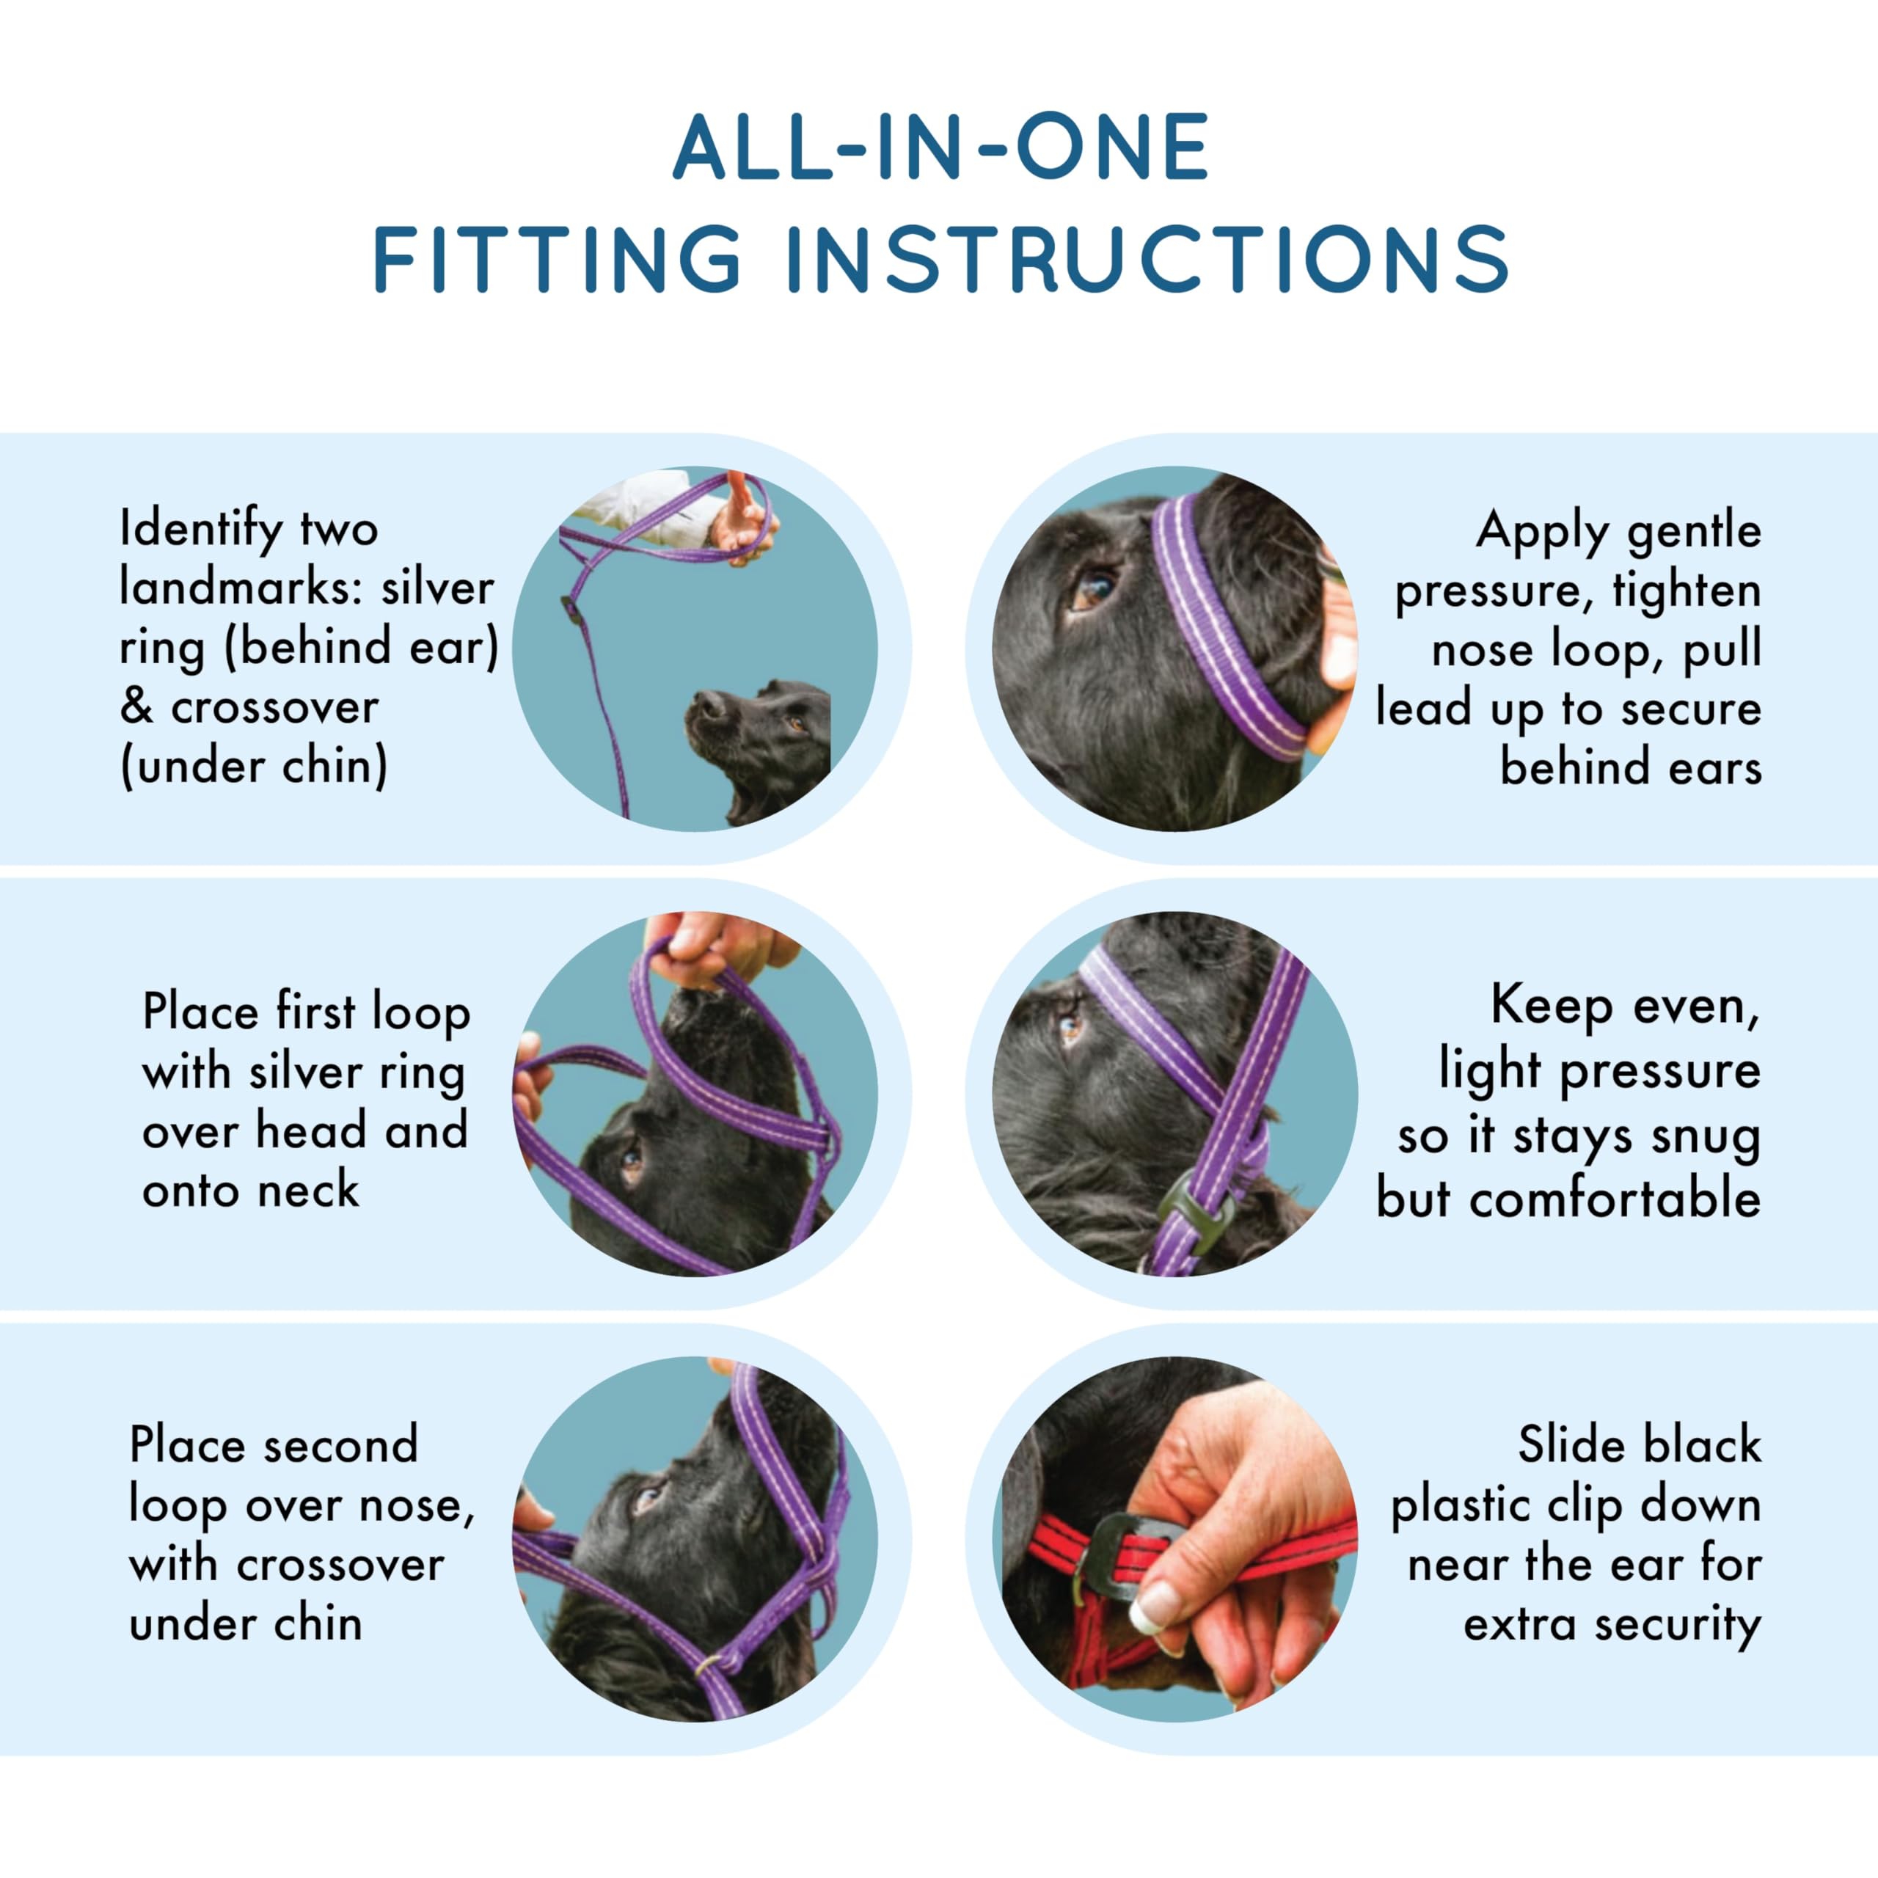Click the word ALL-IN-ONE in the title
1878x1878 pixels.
(941, 147)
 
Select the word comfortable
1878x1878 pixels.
(1615, 1197)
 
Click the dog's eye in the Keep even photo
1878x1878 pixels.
(1071, 1026)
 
